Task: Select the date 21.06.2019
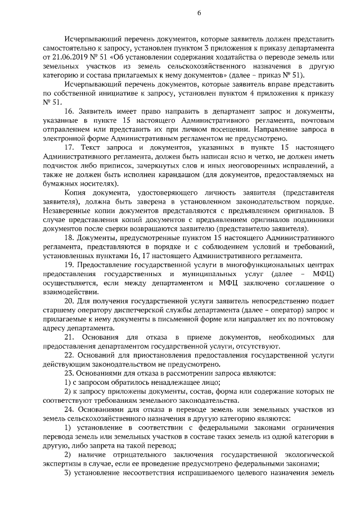coord(70,57)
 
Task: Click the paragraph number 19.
coord(69,264)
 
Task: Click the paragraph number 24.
coord(69,410)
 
